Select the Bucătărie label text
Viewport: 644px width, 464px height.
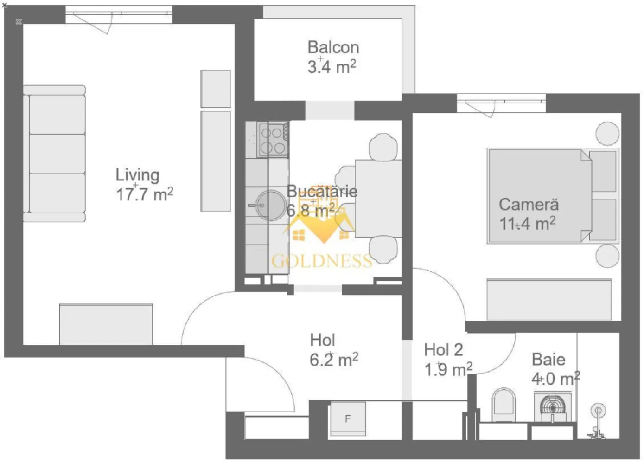point(322,191)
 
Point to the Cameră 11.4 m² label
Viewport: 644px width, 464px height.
point(528,214)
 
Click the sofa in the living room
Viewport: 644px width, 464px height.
point(55,154)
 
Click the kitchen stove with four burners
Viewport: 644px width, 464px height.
point(273,140)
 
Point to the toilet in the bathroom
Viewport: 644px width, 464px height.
point(504,402)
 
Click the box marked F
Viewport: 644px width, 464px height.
point(348,419)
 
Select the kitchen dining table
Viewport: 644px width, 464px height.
point(378,198)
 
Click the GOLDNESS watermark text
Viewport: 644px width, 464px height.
point(322,261)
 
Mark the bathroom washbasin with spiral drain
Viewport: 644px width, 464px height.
point(553,407)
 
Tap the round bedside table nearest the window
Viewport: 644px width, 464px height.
point(607,133)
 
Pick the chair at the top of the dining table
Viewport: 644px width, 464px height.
point(383,146)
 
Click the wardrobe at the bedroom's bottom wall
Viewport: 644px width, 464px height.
point(549,299)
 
